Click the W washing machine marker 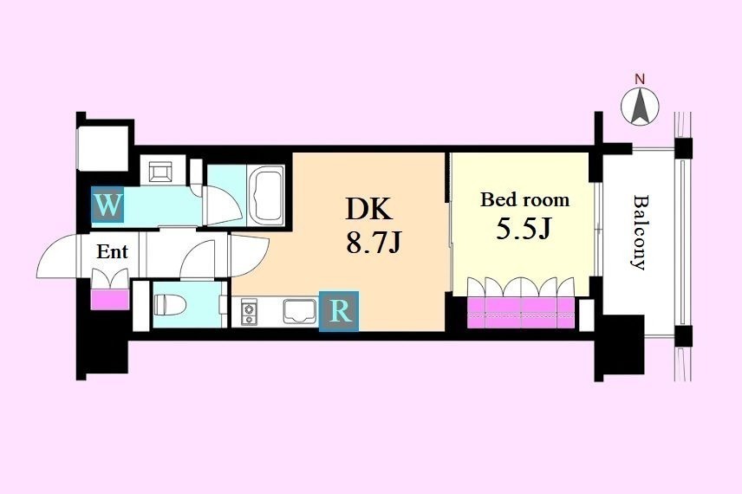107,205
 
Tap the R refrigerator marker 339,311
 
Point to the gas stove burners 248,312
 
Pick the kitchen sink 300,311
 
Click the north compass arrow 640,106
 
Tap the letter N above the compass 640,80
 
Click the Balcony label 640,232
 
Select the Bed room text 524,199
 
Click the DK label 369,209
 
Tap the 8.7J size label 374,243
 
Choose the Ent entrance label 112,251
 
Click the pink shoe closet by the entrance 110,300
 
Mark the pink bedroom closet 521,312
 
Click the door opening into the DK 250,255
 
